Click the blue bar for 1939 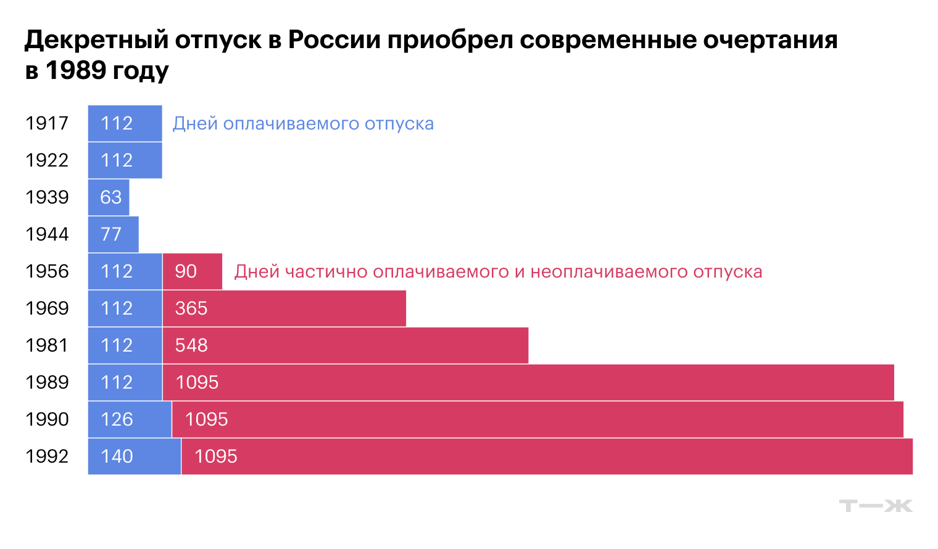(109, 197)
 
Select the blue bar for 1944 (114, 234)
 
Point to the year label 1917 (47, 123)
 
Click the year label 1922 (47, 160)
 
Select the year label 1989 (47, 382)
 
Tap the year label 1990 (47, 419)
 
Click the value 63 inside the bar (111, 197)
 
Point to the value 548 (191, 345)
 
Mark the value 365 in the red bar (191, 308)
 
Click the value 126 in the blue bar (117, 419)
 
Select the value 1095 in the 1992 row (215, 456)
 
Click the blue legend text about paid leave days (303, 123)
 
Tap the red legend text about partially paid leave (498, 271)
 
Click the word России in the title (334, 40)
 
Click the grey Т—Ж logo (875, 506)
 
